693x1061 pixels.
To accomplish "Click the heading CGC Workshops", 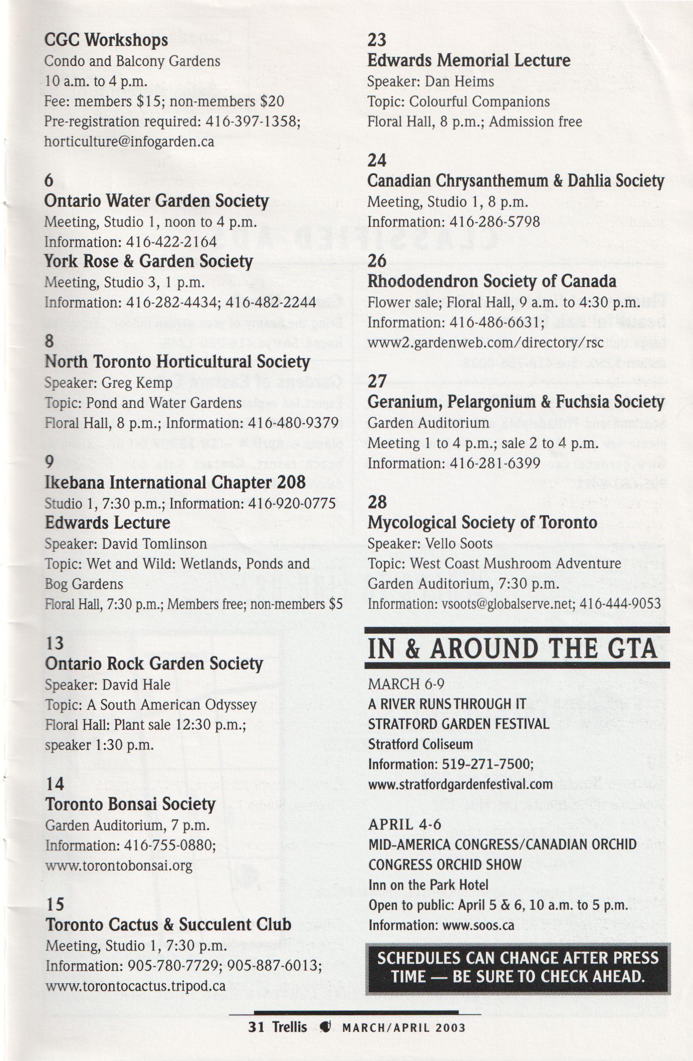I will [x=106, y=40].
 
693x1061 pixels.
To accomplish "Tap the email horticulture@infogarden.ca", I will [x=129, y=142].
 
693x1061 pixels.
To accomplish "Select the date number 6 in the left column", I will [x=48, y=180].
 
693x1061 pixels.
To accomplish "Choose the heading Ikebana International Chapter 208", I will [x=175, y=483].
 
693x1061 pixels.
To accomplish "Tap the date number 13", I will [x=54, y=643].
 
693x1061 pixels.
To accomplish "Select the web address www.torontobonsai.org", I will [x=119, y=866].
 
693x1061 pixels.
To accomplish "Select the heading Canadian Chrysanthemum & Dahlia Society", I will [x=515, y=181].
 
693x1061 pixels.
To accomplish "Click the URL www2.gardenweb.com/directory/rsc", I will [x=485, y=342].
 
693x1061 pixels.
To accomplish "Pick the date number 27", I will [x=377, y=382].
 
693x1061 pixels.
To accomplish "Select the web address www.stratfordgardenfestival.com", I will [x=461, y=784].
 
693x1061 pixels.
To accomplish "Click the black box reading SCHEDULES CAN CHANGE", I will [x=517, y=969].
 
